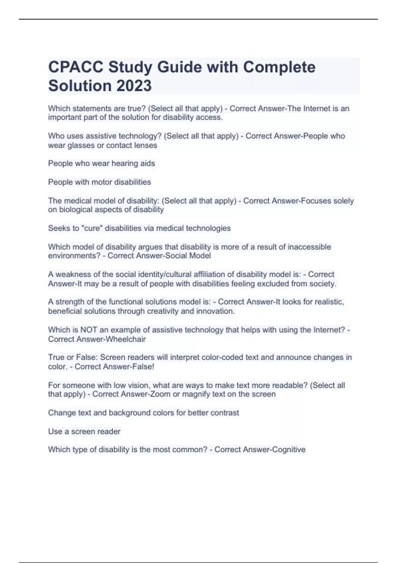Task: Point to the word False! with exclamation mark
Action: [x=143, y=367]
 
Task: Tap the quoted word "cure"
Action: [x=92, y=228]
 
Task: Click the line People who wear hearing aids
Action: [x=101, y=163]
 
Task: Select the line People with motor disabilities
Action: [x=99, y=182]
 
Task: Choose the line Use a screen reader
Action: [x=84, y=431]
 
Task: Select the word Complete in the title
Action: [x=279, y=67]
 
